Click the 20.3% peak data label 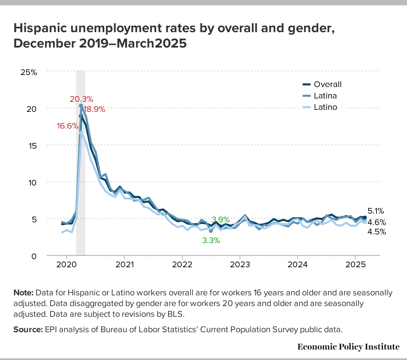click(x=81, y=99)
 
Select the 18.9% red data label click(x=94, y=109)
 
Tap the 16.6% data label click(x=68, y=126)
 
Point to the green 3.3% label click(x=211, y=240)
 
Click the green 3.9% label click(x=221, y=220)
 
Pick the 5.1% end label click(x=376, y=211)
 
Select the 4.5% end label click(x=377, y=232)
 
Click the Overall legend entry click(x=327, y=84)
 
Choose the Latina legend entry click(x=325, y=96)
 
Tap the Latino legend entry click(x=325, y=107)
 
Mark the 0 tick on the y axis click(x=34, y=256)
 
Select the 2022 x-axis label click(x=182, y=265)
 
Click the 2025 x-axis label click(x=355, y=265)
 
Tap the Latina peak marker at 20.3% click(x=81, y=106)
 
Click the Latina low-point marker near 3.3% click(x=211, y=231)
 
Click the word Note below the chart click(x=23, y=293)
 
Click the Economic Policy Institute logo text click(x=348, y=347)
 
